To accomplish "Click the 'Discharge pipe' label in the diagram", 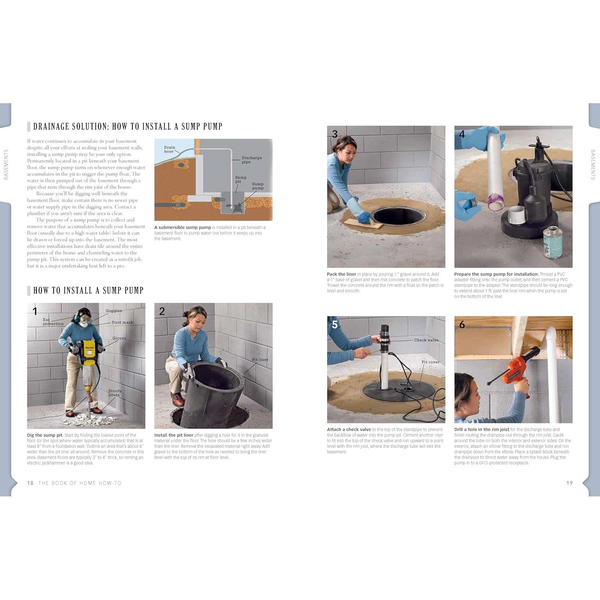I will pyautogui.click(x=252, y=160).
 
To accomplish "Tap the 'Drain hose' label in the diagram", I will pyautogui.click(x=169, y=149).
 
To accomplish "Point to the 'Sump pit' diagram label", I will pyautogui.click(x=240, y=179).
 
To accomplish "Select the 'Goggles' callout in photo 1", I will pyautogui.click(x=114, y=311).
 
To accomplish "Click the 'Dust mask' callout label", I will pyautogui.click(x=122, y=322).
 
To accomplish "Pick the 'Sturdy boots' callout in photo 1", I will pyautogui.click(x=115, y=393).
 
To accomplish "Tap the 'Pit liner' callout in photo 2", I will pyautogui.click(x=260, y=360).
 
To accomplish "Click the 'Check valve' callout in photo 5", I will pyautogui.click(x=426, y=340).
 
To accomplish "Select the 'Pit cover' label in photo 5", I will pyautogui.click(x=430, y=362).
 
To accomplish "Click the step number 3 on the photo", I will pyautogui.click(x=335, y=134).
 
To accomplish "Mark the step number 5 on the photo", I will pyautogui.click(x=335, y=324).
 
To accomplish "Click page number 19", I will pyautogui.click(x=569, y=483).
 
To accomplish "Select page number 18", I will pyautogui.click(x=30, y=483).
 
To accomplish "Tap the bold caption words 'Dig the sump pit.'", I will pyautogui.click(x=45, y=435).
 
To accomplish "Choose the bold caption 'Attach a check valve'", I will pyautogui.click(x=349, y=430).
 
